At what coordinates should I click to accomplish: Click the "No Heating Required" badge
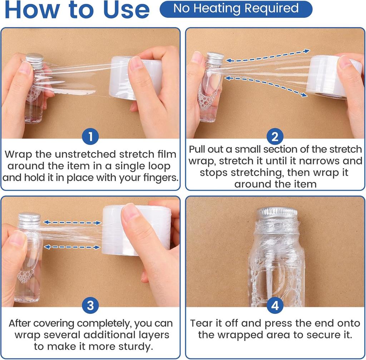(236, 9)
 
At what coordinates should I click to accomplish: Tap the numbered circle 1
(90, 136)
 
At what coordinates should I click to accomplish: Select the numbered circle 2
(275, 136)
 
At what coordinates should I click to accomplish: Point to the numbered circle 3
(90, 305)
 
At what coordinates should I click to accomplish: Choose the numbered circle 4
(275, 305)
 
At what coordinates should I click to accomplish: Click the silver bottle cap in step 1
(35, 58)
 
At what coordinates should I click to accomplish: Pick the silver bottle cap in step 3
(29, 217)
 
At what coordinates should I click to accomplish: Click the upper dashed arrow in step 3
(72, 222)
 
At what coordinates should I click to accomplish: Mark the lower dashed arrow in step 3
(72, 247)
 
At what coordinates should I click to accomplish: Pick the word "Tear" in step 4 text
(202, 323)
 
